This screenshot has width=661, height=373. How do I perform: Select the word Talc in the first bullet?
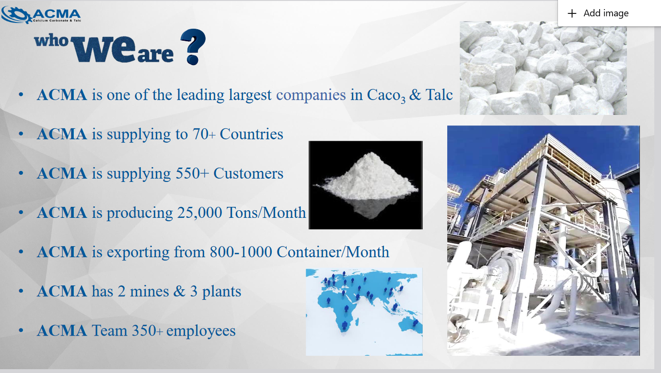pyautogui.click(x=439, y=95)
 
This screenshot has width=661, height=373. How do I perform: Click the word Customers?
pyautogui.click(x=248, y=173)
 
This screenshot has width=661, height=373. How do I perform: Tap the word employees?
pyautogui.click(x=201, y=330)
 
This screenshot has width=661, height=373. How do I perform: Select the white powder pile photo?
pyautogui.click(x=365, y=185)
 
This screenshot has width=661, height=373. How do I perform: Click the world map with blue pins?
pyautogui.click(x=364, y=311)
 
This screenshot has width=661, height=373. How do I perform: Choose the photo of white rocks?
pyautogui.click(x=543, y=68)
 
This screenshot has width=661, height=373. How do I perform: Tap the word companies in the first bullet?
pyautogui.click(x=311, y=95)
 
